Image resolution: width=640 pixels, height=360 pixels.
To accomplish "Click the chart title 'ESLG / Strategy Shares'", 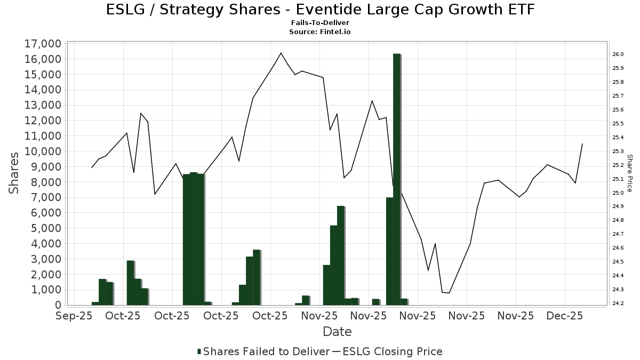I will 320,10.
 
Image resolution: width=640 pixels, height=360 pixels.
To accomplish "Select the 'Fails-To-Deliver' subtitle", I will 320,23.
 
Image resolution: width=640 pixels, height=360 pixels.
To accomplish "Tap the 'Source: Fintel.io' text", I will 320,32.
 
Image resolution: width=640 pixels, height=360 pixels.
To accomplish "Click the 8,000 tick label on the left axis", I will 45,182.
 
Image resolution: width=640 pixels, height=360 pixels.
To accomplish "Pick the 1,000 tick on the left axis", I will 45,290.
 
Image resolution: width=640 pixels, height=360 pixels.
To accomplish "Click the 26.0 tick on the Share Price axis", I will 619,54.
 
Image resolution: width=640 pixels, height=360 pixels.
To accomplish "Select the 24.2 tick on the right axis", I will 619,303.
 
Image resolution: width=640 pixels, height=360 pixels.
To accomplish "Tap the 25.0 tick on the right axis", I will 619,193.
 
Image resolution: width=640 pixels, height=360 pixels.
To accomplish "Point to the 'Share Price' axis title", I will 630,173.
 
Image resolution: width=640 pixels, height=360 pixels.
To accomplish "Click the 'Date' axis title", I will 337,332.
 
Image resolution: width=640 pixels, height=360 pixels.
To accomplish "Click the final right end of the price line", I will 582,143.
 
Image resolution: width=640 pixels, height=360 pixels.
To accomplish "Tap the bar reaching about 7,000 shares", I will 389,251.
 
